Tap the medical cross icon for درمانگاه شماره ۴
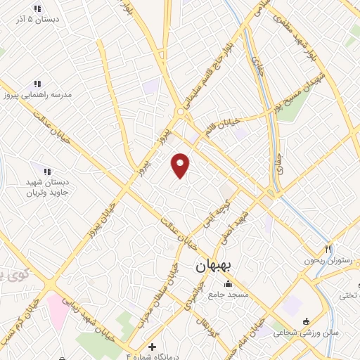click(153, 347)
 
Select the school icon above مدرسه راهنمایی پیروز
click(48, 82)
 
